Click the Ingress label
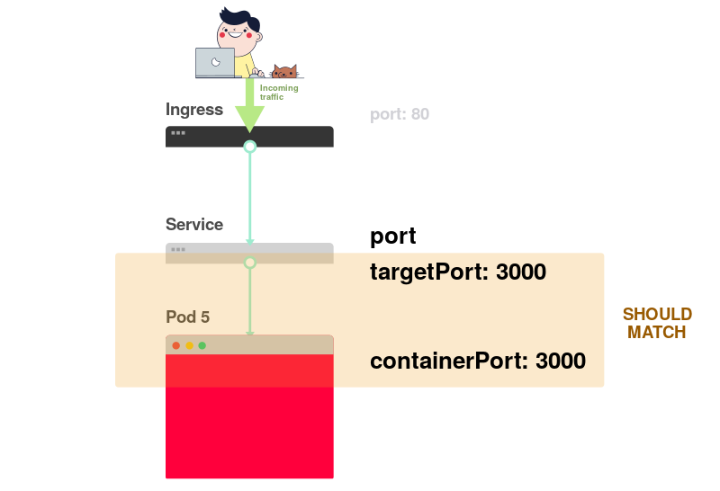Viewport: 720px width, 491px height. pos(194,110)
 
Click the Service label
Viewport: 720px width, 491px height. pos(194,224)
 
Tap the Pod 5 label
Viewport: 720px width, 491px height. pos(188,317)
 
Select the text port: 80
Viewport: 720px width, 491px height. pos(400,115)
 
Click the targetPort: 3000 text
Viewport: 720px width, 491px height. pos(458,272)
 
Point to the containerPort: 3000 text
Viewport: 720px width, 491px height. pos(478,362)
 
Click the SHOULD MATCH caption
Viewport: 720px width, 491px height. pos(657,323)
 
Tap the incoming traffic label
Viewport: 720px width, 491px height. pos(279,92)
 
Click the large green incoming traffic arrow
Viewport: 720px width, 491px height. pos(249,108)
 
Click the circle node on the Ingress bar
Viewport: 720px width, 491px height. pos(250,147)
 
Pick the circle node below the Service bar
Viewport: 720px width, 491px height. pos(250,263)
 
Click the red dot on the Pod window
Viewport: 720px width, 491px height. pos(176,345)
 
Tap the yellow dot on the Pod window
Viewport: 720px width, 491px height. pos(189,345)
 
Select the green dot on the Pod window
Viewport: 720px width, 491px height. pos(202,345)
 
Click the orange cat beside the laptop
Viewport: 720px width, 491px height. pos(284,72)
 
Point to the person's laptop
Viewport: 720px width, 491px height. pos(215,63)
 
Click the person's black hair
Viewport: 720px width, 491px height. pos(238,17)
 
